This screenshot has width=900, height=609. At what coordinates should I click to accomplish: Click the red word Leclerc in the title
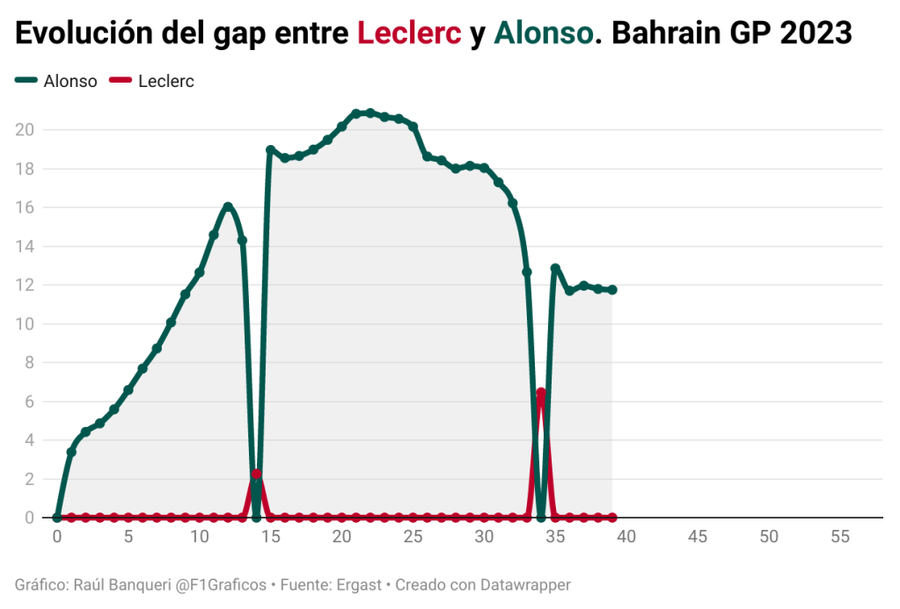pos(409,33)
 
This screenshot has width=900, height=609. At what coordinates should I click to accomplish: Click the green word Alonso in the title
pos(544,33)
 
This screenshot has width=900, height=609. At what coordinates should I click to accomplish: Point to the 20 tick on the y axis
pos(25,130)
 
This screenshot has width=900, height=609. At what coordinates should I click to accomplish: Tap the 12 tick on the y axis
pos(25,285)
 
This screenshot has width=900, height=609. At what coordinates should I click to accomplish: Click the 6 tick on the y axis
pos(29,402)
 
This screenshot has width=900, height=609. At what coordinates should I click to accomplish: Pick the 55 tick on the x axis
pos(840,537)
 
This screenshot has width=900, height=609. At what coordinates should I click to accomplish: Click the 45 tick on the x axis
pos(698,537)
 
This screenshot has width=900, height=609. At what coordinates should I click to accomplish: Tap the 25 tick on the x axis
pos(413,537)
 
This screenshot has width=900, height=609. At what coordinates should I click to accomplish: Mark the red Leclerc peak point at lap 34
pos(541,393)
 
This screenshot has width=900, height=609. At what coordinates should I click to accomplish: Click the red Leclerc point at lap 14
pos(256,474)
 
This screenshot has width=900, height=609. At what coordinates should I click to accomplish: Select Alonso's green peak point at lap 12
pos(228,207)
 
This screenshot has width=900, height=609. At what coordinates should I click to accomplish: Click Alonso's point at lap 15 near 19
pos(270,150)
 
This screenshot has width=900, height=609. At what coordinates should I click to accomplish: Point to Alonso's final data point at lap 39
pos(612,290)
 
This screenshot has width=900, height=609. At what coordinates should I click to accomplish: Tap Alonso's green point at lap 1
pos(71,452)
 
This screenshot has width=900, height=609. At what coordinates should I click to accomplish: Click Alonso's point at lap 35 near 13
pos(555,268)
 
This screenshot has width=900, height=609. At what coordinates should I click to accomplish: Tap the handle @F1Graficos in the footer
pos(222,584)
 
